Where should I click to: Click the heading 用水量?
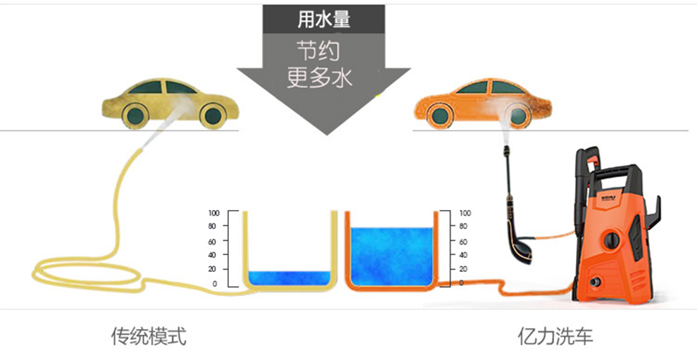tap(324, 19)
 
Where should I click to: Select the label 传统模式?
tap(149, 336)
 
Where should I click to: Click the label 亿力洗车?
tap(554, 336)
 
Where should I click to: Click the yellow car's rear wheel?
tap(211, 115)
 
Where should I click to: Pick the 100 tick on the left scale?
tap(214, 213)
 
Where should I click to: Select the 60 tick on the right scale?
tap(463, 241)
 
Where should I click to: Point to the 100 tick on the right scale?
tap(464, 213)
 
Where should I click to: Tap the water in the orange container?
tap(390, 254)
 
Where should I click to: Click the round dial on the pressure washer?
tap(612, 240)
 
